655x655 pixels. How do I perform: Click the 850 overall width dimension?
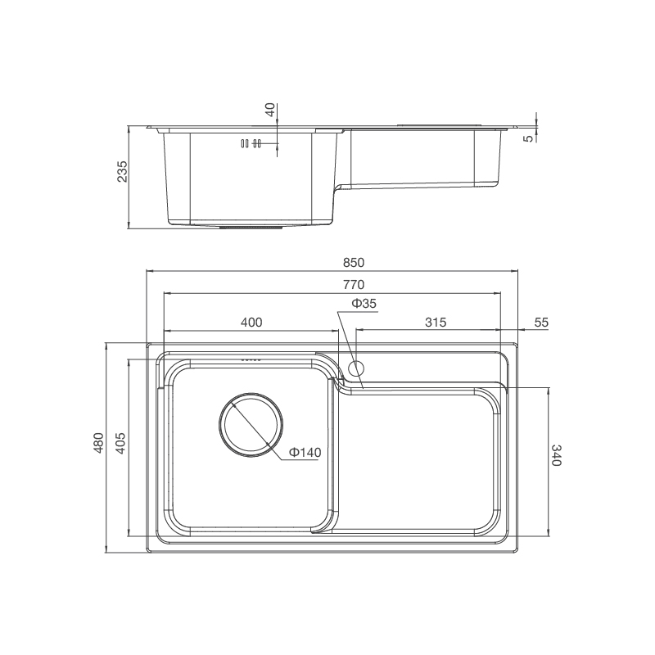352,263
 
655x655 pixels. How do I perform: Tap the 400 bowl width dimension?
251,323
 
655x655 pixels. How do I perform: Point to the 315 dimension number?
435,323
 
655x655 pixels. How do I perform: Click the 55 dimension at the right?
541,323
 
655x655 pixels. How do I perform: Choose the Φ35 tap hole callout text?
364,304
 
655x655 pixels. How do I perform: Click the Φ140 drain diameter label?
305,453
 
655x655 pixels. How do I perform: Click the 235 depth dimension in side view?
122,172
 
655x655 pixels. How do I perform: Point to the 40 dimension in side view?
271,110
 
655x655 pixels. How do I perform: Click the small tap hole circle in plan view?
357,367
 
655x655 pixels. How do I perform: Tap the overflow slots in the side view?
251,143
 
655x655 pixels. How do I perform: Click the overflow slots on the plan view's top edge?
251,359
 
